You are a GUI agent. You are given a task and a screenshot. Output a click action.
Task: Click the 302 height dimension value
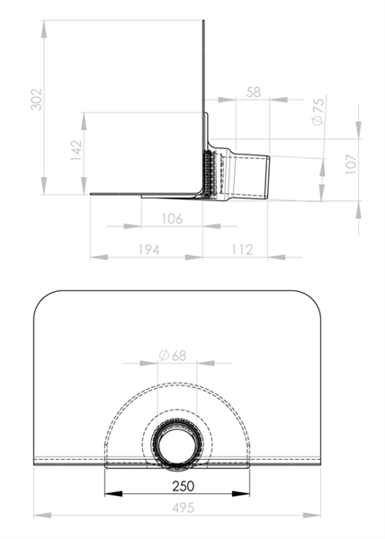click(x=36, y=100)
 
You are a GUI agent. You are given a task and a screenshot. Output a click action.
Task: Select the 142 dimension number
click(x=76, y=150)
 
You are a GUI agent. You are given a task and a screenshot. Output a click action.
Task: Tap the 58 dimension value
click(x=254, y=93)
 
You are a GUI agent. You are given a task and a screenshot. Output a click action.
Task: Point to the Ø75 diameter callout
click(x=318, y=111)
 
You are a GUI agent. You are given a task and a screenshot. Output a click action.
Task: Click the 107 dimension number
click(x=351, y=164)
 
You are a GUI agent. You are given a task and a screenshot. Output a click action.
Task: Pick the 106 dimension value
click(x=172, y=218)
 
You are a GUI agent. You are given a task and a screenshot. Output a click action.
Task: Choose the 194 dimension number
click(x=148, y=250)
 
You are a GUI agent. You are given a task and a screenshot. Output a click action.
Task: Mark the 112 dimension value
click(x=242, y=250)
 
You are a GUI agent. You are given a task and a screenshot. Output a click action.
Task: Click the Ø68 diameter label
click(x=173, y=356)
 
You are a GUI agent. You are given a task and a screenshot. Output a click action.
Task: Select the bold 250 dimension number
click(x=184, y=486)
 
